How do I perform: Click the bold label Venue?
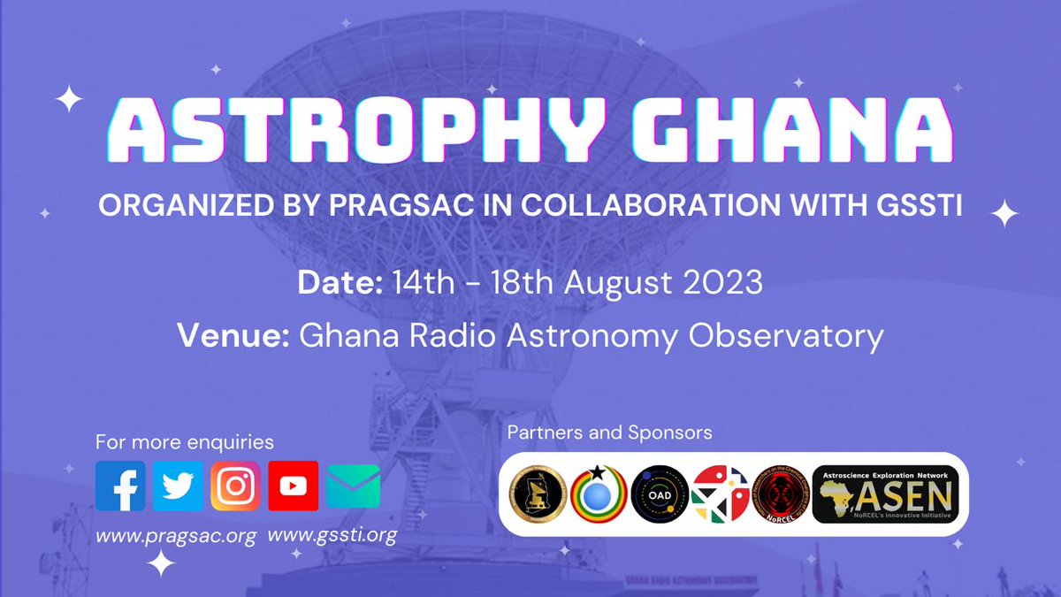pyautogui.click(x=233, y=335)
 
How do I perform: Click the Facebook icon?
pyautogui.click(x=120, y=486)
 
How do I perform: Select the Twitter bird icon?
pyautogui.click(x=178, y=486)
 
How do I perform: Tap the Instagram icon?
pyautogui.click(x=235, y=486)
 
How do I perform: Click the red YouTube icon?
pyautogui.click(x=294, y=486)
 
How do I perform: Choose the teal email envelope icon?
pyautogui.click(x=353, y=486)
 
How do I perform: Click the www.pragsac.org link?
pyautogui.click(x=175, y=535)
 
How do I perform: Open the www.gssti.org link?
pyautogui.click(x=332, y=535)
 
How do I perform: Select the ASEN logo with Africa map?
pyautogui.click(x=883, y=494)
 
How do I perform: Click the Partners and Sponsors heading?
pyautogui.click(x=609, y=433)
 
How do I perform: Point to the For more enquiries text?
pyautogui.click(x=184, y=441)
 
